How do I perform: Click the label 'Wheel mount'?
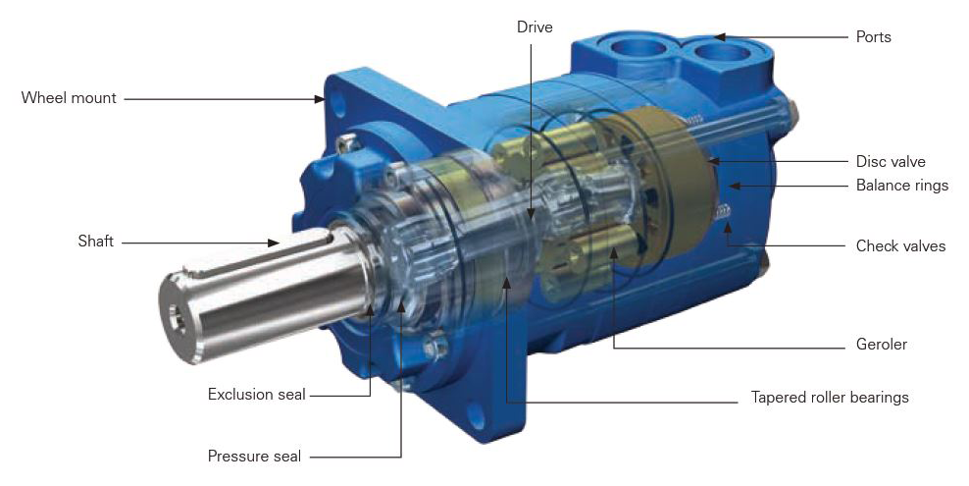69,98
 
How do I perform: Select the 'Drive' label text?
535,27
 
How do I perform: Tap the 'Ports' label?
873,37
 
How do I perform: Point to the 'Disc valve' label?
891,162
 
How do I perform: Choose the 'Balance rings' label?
901,185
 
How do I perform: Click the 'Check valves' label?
900,246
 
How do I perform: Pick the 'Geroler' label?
882,345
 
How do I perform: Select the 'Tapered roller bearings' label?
830,397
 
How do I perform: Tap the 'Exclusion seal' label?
256,395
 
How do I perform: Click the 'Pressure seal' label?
254,457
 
